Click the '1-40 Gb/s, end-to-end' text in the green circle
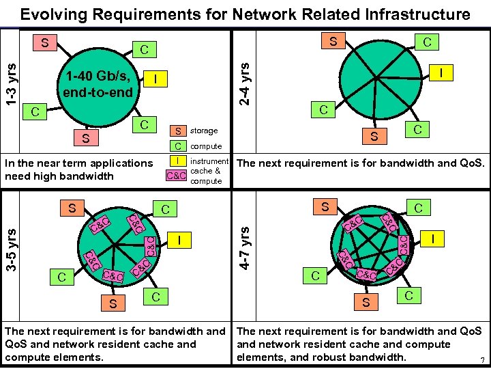tap(97, 82)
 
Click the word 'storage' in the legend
tap(204, 131)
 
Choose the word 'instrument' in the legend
tap(209, 162)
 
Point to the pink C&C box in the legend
tap(177, 175)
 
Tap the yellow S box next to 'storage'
tap(177, 131)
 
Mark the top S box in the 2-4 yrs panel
tap(333, 42)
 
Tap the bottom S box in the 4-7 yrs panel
tap(366, 301)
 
